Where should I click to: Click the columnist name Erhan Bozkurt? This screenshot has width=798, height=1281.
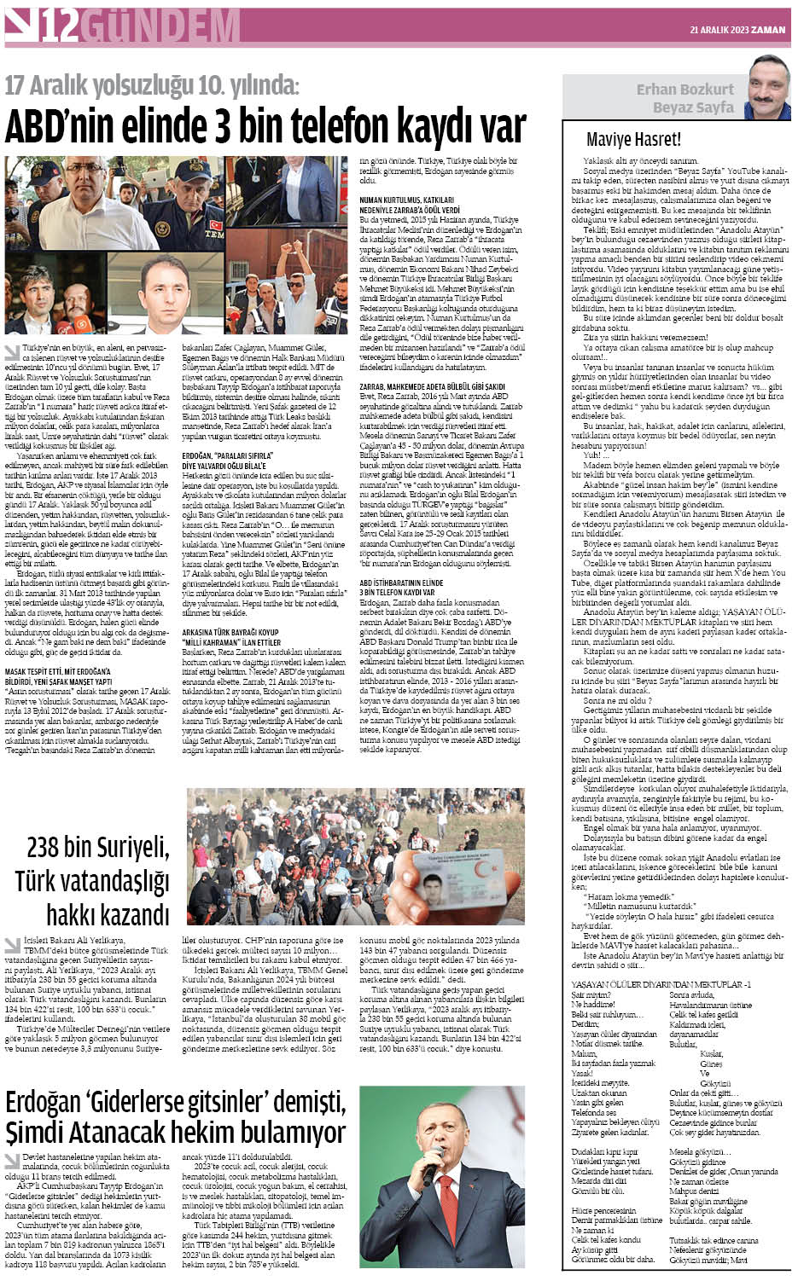point(684,90)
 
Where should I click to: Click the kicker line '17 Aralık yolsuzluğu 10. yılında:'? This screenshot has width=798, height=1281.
point(153,85)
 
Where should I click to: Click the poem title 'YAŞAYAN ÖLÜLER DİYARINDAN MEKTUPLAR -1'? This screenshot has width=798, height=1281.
point(661,984)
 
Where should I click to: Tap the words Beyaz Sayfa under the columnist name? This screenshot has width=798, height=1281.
point(693,107)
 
